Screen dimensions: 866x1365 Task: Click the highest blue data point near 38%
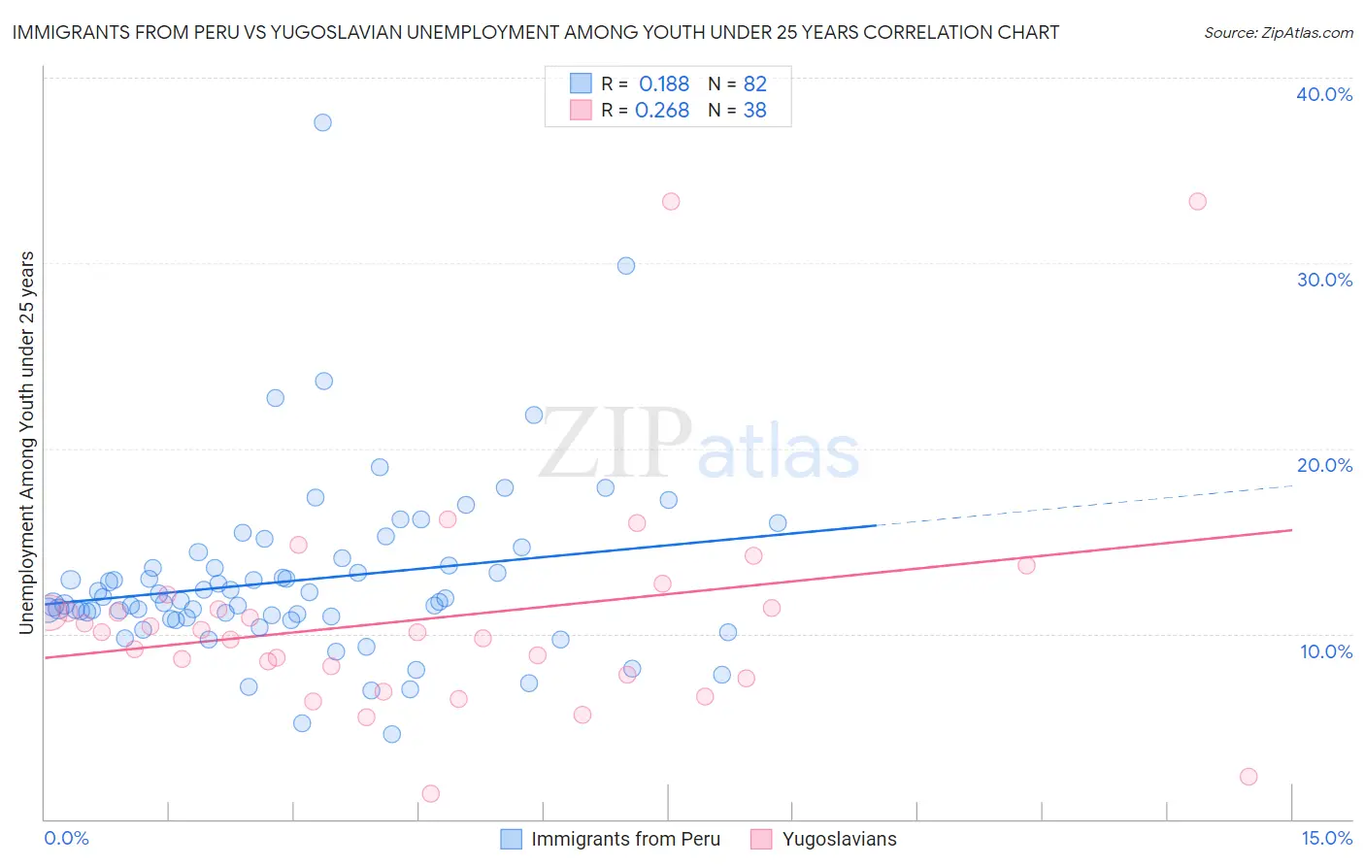coord(322,122)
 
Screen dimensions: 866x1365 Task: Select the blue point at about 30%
coord(626,266)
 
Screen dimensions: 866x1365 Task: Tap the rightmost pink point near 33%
coord(1197,202)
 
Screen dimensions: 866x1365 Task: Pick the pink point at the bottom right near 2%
coord(1248,777)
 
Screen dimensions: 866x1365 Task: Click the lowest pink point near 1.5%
coord(431,793)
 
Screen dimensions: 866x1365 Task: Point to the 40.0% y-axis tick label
coord(1324,94)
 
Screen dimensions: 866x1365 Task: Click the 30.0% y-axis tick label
coord(1324,280)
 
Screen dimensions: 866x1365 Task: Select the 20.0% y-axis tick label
coord(1324,465)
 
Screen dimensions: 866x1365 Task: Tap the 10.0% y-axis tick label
coord(1326,651)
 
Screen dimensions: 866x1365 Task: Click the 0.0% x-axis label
coord(66,838)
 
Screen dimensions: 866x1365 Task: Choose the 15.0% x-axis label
coord(1326,838)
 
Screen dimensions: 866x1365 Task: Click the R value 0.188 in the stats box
coord(664,83)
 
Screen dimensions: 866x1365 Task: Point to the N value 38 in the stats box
coord(754,111)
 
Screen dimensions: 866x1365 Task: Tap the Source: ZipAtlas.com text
coord(1278,32)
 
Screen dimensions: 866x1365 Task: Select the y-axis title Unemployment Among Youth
coord(27,443)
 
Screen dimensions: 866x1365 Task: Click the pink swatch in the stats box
coord(581,110)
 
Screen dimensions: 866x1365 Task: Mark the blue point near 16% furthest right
coord(778,523)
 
